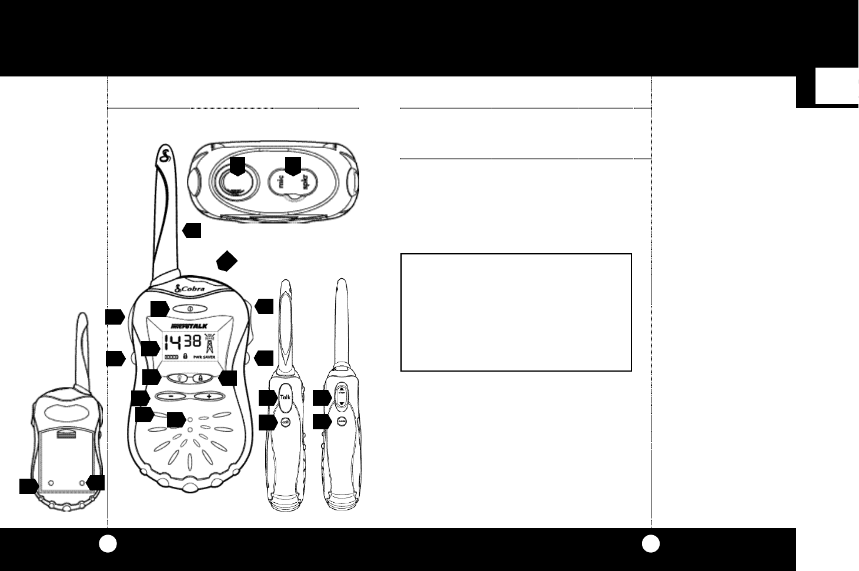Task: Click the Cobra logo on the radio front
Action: [190, 290]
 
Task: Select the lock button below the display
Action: [200, 379]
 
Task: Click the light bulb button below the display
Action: [179, 379]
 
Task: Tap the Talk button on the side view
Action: [286, 398]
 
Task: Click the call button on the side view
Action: [286, 422]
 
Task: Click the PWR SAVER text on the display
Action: [206, 357]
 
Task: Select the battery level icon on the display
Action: [171, 357]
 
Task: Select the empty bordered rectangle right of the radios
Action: [516, 312]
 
